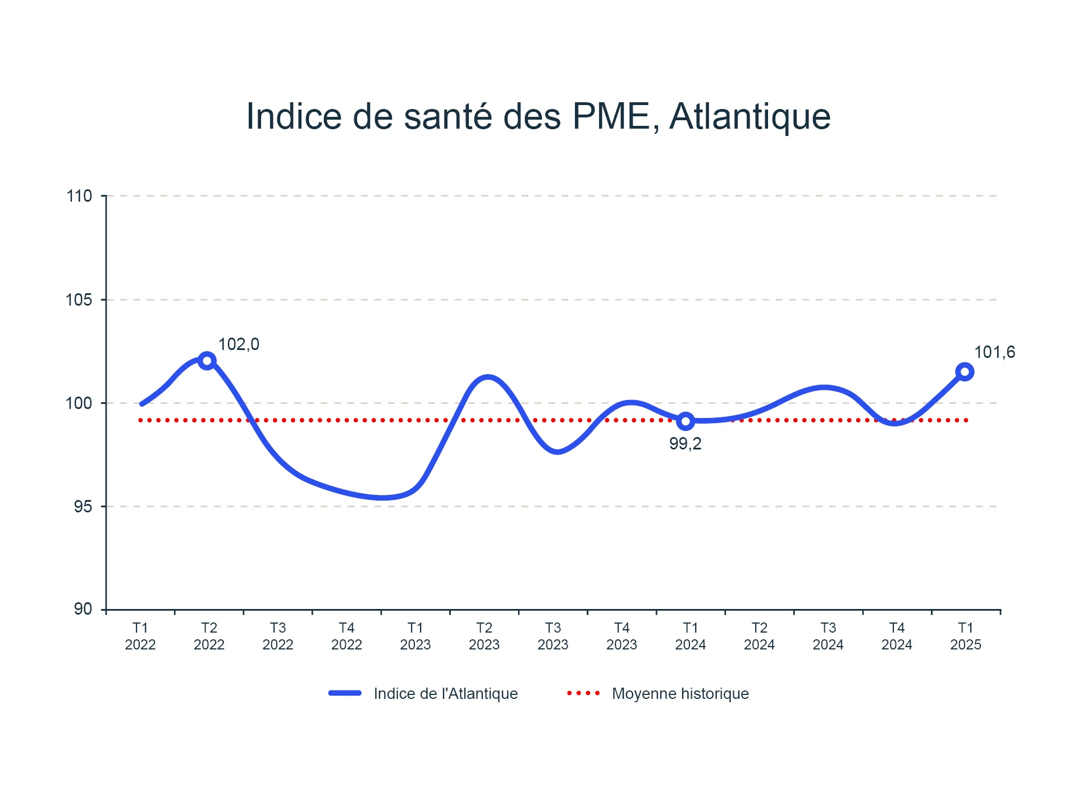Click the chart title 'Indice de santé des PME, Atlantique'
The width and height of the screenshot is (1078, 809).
(538, 116)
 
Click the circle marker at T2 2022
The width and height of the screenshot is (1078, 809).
(207, 361)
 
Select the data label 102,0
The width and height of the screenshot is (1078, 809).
(239, 344)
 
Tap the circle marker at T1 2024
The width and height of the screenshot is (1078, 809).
(686, 421)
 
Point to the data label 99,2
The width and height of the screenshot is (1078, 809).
(685, 444)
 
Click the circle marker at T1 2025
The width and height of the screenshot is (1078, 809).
(965, 372)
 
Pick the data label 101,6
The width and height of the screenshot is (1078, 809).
(994, 352)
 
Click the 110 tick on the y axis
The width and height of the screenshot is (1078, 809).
(79, 196)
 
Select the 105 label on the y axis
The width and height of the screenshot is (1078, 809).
(79, 299)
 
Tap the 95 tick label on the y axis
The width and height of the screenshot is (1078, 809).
(83, 506)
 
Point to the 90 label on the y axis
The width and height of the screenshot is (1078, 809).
(83, 609)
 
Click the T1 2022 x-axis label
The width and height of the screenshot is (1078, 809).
(140, 636)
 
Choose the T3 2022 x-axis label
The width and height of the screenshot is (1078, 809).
(278, 636)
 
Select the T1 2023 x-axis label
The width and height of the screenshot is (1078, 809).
(415, 636)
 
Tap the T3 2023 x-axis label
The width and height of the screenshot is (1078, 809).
(553, 636)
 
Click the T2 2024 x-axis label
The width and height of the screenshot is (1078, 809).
(759, 636)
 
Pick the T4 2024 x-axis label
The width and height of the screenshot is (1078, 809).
(897, 636)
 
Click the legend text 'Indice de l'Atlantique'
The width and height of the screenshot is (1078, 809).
(446, 693)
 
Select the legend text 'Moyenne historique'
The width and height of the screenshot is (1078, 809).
(680, 693)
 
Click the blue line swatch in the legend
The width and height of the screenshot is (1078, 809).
(345, 693)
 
